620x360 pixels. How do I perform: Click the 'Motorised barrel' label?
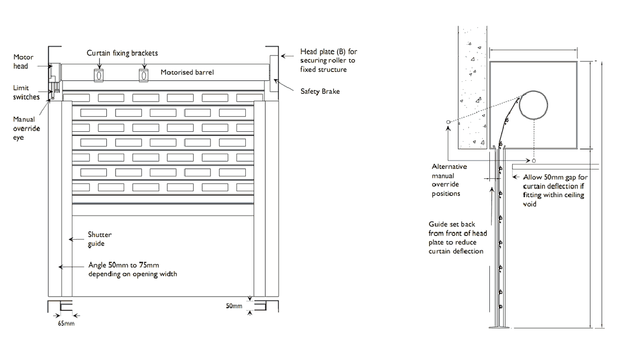pyautogui.click(x=187, y=72)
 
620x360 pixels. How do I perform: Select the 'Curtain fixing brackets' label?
pyautogui.click(x=122, y=53)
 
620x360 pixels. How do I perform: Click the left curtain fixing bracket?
pyautogui.click(x=99, y=75)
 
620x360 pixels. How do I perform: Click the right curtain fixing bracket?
pyautogui.click(x=143, y=75)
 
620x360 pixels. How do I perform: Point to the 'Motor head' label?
pyautogui.click(x=23, y=61)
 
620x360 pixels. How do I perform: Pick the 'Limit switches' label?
pyautogui.click(x=27, y=92)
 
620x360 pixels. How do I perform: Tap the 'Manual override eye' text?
pyautogui.click(x=24, y=128)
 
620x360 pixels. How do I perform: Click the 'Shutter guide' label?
pyautogui.click(x=100, y=239)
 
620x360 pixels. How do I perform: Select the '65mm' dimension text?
pyautogui.click(x=66, y=323)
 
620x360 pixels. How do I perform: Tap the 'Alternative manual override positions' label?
pyautogui.click(x=449, y=180)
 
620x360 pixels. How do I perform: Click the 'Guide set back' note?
pyautogui.click(x=458, y=238)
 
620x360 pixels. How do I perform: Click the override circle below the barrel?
pyautogui.click(x=534, y=161)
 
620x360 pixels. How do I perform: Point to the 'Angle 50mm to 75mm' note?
pyautogui.click(x=133, y=269)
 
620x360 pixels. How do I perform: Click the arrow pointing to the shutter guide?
pyautogui.click(x=75, y=239)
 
